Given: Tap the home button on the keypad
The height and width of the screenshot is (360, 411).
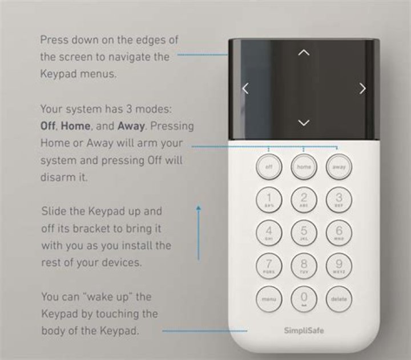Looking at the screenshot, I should (x=304, y=167).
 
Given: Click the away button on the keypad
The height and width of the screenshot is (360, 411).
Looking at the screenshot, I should (x=338, y=167).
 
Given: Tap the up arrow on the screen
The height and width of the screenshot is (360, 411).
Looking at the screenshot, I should (x=304, y=53).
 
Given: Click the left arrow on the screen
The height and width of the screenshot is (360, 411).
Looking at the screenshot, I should (x=245, y=88).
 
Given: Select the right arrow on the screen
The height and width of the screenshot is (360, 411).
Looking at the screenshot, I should (x=362, y=88).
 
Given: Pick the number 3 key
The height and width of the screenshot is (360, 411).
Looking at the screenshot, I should (x=338, y=199).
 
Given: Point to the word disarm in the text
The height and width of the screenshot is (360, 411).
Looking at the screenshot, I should (x=57, y=177).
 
